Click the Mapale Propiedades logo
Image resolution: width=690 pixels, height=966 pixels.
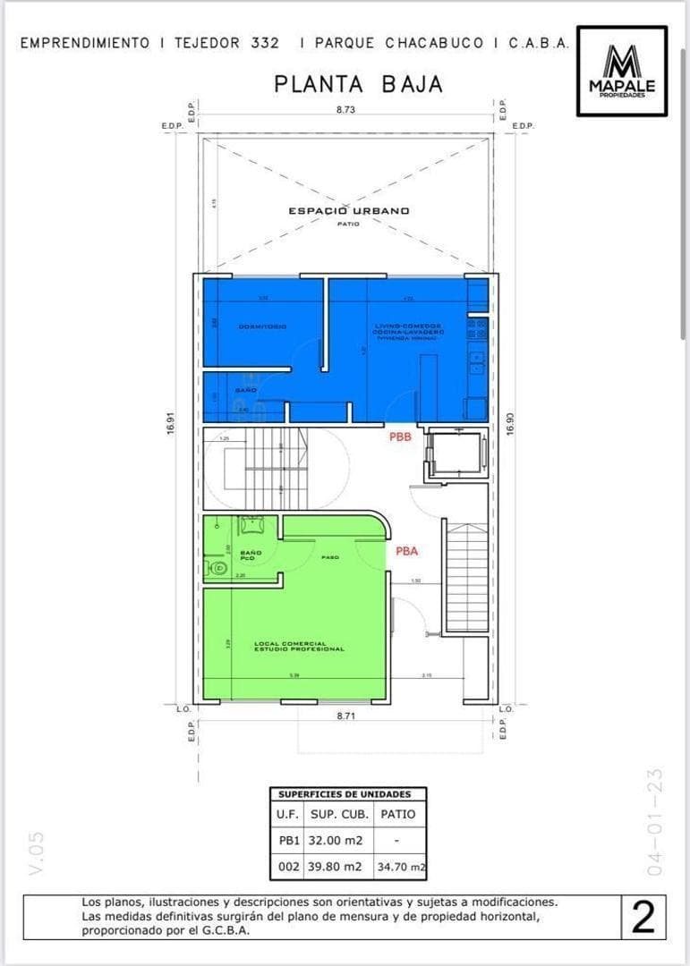click(x=621, y=72)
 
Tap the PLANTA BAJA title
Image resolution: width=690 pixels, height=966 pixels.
click(x=358, y=84)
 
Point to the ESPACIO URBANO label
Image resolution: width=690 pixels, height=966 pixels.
click(x=348, y=211)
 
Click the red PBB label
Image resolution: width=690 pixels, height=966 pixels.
click(x=400, y=437)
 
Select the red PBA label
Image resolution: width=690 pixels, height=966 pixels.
click(x=406, y=552)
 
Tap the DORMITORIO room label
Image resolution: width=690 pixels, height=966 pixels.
click(x=262, y=326)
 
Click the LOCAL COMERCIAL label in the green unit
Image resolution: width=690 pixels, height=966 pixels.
click(x=299, y=646)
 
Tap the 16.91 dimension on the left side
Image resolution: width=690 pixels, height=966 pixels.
click(x=169, y=424)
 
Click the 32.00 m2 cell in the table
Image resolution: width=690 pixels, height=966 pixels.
click(x=335, y=841)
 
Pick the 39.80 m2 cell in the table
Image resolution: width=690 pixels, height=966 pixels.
click(x=335, y=866)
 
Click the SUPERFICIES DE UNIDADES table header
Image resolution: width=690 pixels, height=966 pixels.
click(x=345, y=794)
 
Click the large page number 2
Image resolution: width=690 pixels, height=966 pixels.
click(x=642, y=919)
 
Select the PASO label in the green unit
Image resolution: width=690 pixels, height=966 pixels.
click(x=328, y=557)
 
